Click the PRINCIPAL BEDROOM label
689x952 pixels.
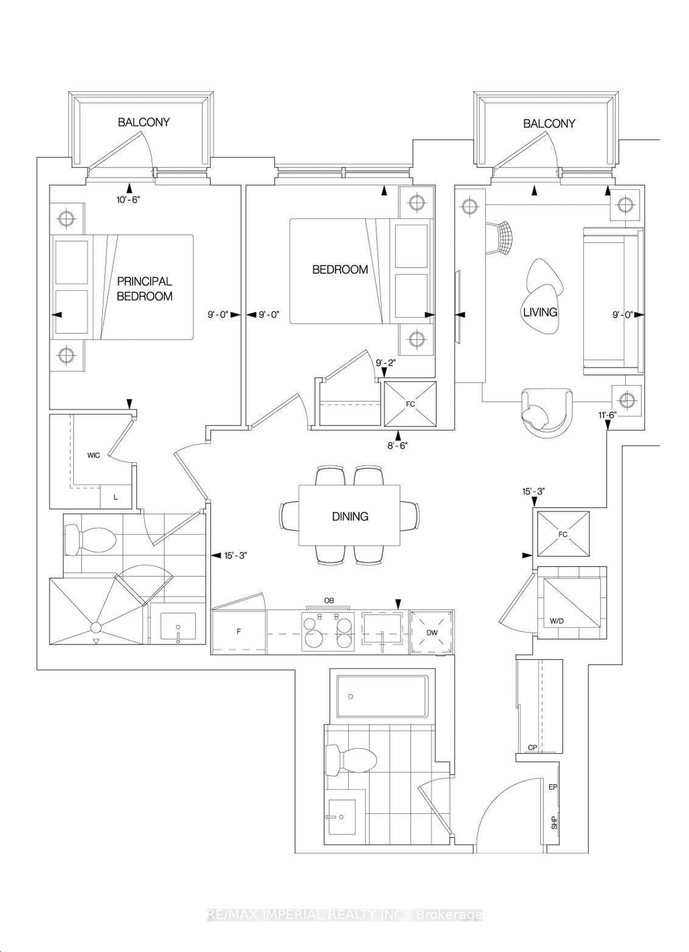click(x=144, y=289)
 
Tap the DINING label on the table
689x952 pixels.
click(x=350, y=516)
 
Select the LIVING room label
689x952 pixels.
click(x=540, y=312)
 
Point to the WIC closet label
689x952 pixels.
click(x=93, y=455)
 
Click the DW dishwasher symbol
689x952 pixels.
click(x=432, y=633)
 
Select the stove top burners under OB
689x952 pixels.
click(x=329, y=631)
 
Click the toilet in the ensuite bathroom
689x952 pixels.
click(x=91, y=538)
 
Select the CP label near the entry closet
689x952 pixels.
click(x=532, y=748)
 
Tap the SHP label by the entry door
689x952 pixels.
click(x=554, y=823)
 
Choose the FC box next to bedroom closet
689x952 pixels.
click(x=411, y=403)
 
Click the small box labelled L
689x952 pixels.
click(x=116, y=497)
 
